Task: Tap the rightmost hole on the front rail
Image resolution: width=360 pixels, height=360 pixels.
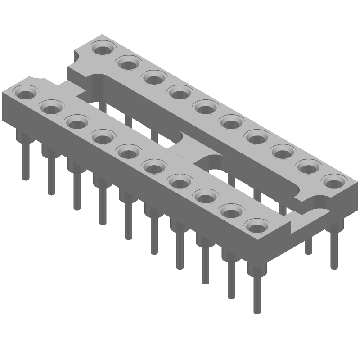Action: pos(256,225)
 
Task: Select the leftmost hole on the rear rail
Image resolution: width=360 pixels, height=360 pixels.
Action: pos(103,47)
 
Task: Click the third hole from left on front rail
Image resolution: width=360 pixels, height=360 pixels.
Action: pos(77,122)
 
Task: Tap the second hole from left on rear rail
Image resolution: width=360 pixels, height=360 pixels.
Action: pos(129,63)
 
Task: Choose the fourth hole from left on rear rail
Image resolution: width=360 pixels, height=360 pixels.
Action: pos(180,93)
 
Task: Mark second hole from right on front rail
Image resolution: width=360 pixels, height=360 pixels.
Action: pos(231,211)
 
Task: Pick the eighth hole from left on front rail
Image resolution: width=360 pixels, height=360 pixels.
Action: pos(205,196)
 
